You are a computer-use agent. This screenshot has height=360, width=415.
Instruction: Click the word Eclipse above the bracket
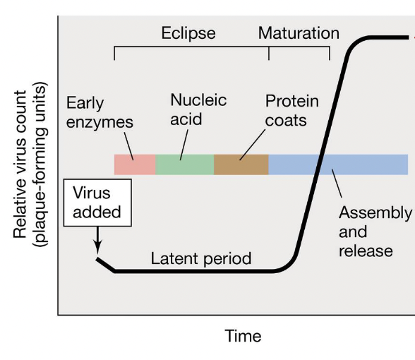[x=188, y=33]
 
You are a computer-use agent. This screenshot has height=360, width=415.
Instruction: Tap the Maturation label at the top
[x=299, y=33]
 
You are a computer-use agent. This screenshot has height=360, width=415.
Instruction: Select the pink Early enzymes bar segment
[x=135, y=164]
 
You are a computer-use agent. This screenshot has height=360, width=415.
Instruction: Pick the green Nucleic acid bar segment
[x=184, y=164]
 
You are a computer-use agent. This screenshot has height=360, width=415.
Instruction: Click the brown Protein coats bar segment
[x=241, y=164]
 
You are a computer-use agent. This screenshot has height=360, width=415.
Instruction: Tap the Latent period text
[x=201, y=258]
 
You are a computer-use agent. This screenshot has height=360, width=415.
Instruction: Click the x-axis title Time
[x=243, y=336]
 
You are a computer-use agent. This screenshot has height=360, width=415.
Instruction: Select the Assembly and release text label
[x=374, y=232]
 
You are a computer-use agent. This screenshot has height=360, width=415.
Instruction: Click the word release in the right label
[x=366, y=251]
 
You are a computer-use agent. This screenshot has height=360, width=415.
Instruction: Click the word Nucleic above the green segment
[x=198, y=100]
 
